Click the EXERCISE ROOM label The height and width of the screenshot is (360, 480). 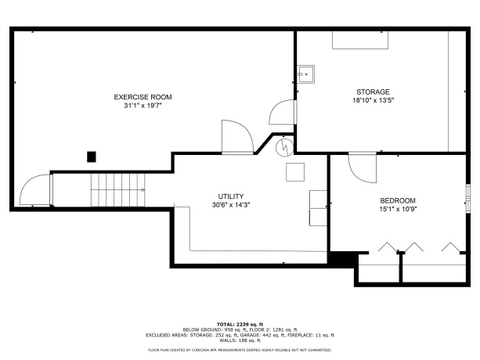click(x=143, y=97)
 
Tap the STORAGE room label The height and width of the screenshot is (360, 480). click(x=373, y=92)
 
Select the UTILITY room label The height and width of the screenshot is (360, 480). click(x=231, y=196)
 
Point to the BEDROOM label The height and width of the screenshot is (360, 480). click(x=398, y=200)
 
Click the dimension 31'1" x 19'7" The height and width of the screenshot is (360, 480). click(x=143, y=106)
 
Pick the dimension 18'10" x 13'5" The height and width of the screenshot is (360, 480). click(x=373, y=100)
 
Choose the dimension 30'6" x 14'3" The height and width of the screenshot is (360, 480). click(x=231, y=204)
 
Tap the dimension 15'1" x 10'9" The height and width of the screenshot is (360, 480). click(x=398, y=209)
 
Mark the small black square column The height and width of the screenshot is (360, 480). click(x=92, y=157)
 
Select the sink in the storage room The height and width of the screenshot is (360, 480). click(x=305, y=74)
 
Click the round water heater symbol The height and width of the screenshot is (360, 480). click(x=286, y=146)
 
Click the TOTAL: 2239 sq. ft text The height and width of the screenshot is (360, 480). click(x=240, y=323)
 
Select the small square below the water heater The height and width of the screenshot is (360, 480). click(x=296, y=172)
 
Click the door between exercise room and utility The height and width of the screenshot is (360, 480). click(x=237, y=138)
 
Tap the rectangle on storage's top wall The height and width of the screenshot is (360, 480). click(x=360, y=40)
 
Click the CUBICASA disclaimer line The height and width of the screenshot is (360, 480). click(x=240, y=350)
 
